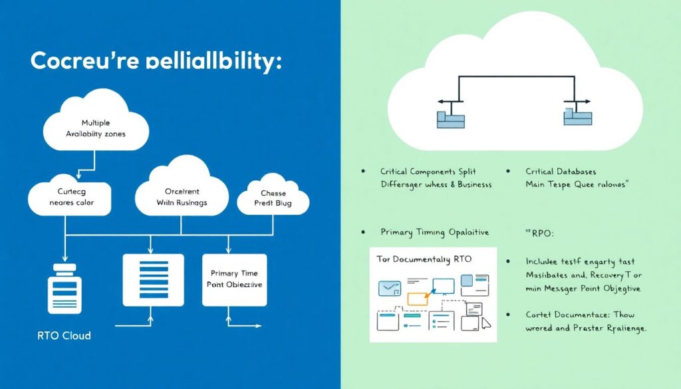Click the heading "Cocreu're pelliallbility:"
pos(156,62)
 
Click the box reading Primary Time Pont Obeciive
pos(235,279)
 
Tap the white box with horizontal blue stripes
pos(154,279)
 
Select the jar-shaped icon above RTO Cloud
pos(65,289)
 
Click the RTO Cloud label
pos(64,336)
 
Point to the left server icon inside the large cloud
pos(450,118)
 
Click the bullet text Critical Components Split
pos(428,172)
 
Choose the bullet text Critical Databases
pos(561,172)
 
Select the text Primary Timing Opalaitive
pos(434,232)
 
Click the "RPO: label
pos(530,233)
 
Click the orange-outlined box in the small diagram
pos(417,299)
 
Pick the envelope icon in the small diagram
pos(387,289)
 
